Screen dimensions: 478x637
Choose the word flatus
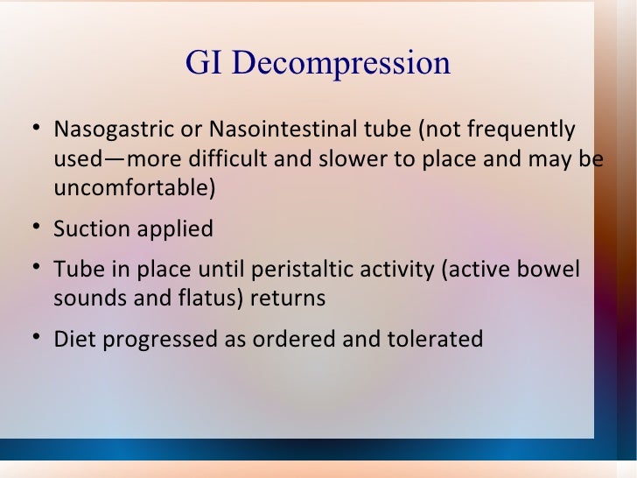pyautogui.click(x=209, y=298)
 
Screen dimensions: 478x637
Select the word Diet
pyautogui.click(x=73, y=339)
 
